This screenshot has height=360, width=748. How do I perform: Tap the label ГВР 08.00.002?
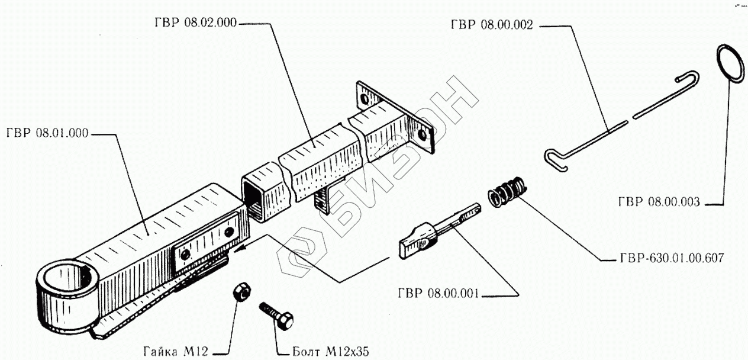[x=492, y=25]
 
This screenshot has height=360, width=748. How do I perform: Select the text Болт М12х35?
[x=330, y=351]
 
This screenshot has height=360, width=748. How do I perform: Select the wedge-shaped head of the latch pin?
[x=417, y=241]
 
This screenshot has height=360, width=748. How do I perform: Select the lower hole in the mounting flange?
[x=422, y=136]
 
